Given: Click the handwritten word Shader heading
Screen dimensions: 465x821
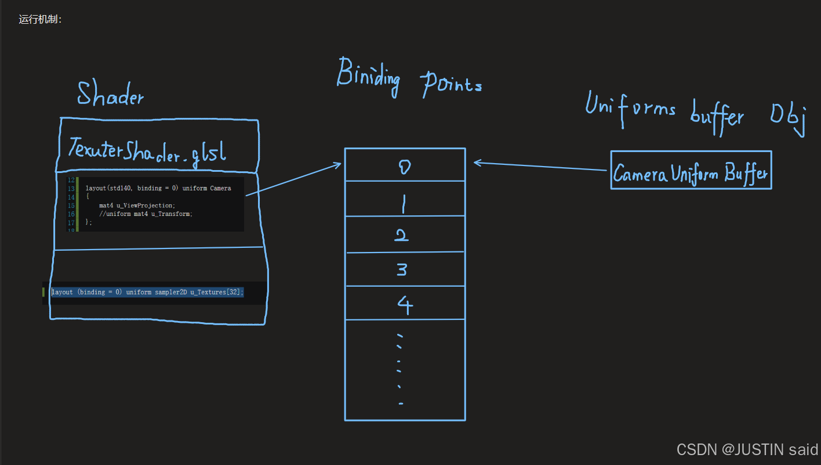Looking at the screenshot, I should [x=110, y=94].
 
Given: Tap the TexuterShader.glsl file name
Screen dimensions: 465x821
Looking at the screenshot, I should [x=147, y=150].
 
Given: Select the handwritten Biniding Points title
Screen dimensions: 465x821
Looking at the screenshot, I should [x=409, y=80].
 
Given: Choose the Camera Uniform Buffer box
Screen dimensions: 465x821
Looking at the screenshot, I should [x=691, y=170].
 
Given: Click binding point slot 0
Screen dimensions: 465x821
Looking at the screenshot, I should [x=405, y=165].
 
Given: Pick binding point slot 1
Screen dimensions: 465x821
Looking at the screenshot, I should [x=405, y=199].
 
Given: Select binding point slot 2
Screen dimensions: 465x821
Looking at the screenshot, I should [x=405, y=235].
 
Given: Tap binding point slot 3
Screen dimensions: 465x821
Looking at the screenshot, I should [x=405, y=269].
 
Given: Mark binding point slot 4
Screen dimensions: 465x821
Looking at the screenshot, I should [x=405, y=303].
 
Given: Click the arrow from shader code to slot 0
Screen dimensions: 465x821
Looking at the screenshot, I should [x=293, y=179].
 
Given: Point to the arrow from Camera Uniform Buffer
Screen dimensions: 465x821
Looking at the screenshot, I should [x=542, y=166].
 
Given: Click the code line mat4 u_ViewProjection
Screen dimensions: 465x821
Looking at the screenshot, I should [x=137, y=206].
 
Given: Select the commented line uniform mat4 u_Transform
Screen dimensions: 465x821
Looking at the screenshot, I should [x=145, y=214].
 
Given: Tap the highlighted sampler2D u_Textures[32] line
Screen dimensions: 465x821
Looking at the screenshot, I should [x=148, y=292].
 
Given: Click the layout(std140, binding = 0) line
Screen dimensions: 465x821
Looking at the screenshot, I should [x=158, y=188].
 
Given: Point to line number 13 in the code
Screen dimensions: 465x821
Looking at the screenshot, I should [x=71, y=189].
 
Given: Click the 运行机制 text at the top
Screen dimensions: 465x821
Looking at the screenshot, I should [x=40, y=19].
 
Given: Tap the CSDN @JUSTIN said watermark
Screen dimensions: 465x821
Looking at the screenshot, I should [x=747, y=449].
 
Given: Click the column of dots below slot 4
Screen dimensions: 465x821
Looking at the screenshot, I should [x=399, y=369].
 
